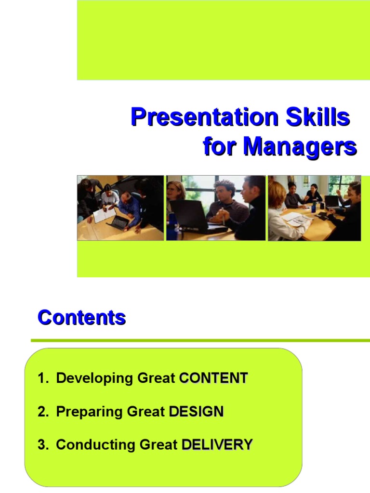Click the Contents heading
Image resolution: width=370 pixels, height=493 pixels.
click(82, 318)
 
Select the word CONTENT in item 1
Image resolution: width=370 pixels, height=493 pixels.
click(213, 378)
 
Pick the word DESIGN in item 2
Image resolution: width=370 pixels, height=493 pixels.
click(197, 412)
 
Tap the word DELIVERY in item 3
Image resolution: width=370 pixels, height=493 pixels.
click(217, 445)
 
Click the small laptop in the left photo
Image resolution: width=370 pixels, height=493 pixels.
click(117, 222)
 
